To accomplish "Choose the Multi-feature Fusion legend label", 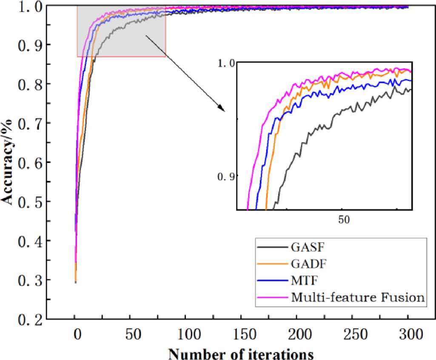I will (358, 297).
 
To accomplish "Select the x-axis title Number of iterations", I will (241, 353).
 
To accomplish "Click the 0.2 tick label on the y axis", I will (26, 319).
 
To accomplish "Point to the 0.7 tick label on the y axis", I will (26, 123).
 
